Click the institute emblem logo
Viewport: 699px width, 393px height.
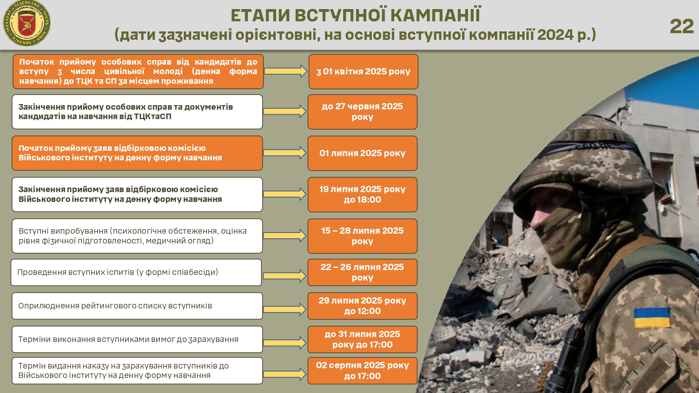click(x=27, y=23)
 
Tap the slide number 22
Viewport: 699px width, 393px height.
click(x=682, y=27)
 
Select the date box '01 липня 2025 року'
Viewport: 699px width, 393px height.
click(x=362, y=153)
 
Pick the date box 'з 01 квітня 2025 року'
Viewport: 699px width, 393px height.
click(x=363, y=72)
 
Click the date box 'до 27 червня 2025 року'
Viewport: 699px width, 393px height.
click(x=362, y=112)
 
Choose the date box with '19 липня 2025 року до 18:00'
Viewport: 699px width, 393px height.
click(x=362, y=195)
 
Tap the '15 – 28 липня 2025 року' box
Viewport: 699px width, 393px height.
click(x=362, y=236)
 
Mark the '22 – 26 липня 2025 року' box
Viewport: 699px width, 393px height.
click(x=362, y=272)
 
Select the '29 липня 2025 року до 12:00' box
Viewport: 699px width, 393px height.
click(x=362, y=306)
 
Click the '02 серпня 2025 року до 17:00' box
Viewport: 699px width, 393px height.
click(x=362, y=371)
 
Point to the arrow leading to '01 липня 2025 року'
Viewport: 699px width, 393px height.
click(x=284, y=153)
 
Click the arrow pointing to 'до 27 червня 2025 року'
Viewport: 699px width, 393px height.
click(x=284, y=111)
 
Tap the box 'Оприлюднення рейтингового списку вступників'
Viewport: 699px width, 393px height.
click(x=137, y=306)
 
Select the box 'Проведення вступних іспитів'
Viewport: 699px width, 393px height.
click(x=136, y=272)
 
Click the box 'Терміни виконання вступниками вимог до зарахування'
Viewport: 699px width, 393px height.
click(x=137, y=340)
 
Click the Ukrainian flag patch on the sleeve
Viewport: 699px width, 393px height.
click(x=652, y=317)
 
